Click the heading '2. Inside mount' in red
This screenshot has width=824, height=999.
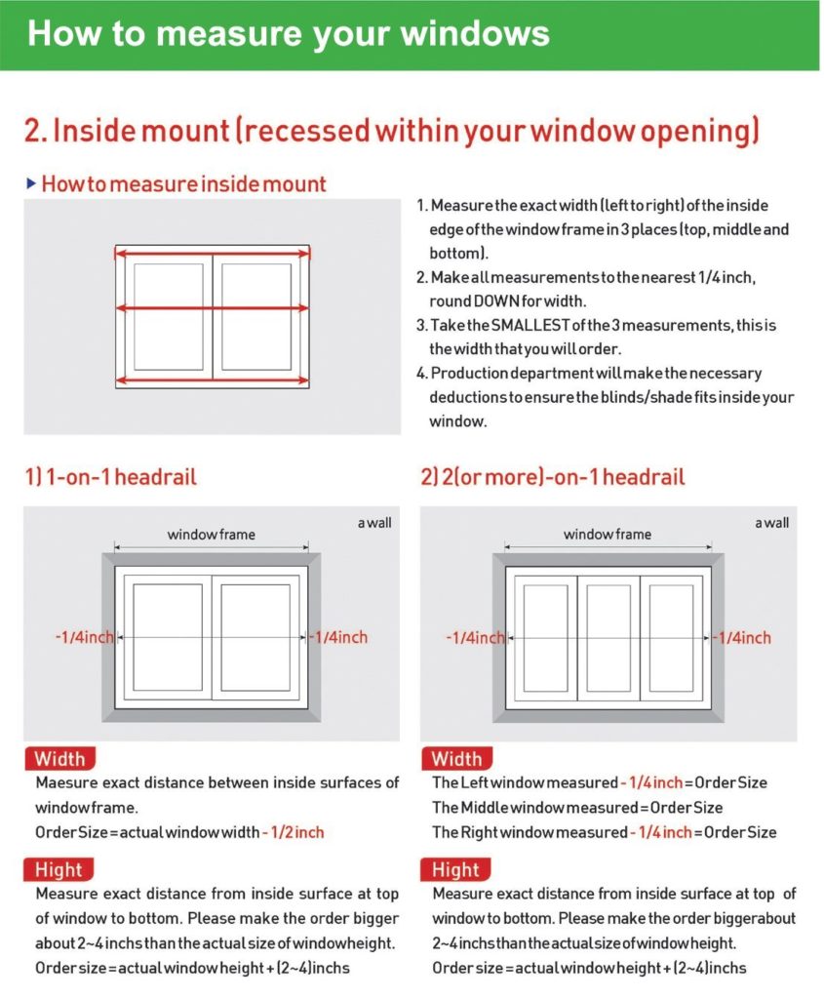pos(137,131)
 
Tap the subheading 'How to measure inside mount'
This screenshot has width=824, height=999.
pos(183,183)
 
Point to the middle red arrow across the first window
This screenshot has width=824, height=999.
pos(213,308)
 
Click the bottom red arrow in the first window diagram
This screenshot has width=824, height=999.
pos(213,380)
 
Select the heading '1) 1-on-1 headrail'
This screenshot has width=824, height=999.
pos(110,477)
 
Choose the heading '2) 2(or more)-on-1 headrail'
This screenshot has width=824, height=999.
pos(553,477)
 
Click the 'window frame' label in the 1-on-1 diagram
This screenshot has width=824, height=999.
pos(212,534)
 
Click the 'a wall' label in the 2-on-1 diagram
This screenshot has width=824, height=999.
pos(771,523)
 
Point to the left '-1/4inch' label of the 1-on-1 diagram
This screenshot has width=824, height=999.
pos(84,637)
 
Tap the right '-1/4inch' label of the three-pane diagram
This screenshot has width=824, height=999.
pos(742,637)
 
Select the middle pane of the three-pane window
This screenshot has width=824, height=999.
pos(608,638)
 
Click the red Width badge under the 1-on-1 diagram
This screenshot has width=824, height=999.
pos(60,758)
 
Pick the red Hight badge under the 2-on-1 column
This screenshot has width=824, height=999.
pos(455,869)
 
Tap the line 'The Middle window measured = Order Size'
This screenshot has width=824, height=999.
pos(577,808)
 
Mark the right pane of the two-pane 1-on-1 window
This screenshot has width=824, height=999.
pos(255,638)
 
